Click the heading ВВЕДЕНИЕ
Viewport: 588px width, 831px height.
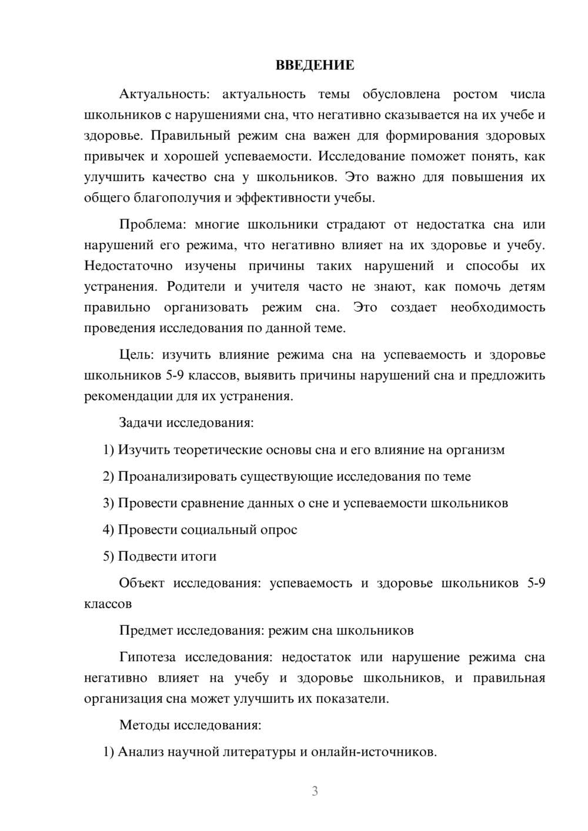pyautogui.click(x=315, y=65)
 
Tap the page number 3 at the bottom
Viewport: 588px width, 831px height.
pyautogui.click(x=315, y=791)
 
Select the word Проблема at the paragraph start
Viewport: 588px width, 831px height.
pyautogui.click(x=153, y=224)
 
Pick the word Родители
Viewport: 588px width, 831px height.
pyautogui.click(x=196, y=287)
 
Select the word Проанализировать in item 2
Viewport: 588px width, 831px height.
pyautogui.click(x=178, y=477)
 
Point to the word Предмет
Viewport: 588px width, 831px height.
pyautogui.click(x=142, y=631)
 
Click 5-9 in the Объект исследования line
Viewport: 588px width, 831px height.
pyautogui.click(x=536, y=584)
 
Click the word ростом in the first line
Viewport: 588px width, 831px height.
pyautogui.click(x=475, y=95)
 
